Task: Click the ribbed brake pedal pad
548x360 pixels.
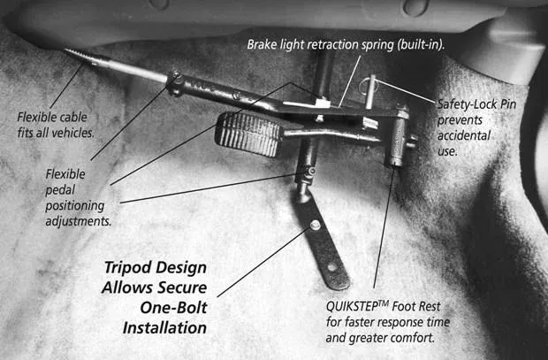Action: click(249, 134)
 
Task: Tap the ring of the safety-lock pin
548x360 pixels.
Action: click(364, 85)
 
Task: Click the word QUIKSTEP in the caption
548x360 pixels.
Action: click(353, 307)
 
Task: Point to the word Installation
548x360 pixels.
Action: click(164, 328)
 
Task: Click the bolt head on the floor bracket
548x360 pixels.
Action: click(315, 225)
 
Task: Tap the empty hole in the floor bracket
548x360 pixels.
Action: click(331, 268)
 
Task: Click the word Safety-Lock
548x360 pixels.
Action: click(476, 104)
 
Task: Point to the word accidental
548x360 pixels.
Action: click(464, 135)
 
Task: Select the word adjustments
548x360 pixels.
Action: click(79, 221)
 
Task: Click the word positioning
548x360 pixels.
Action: click(75, 206)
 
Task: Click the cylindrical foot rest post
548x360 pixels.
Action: click(397, 138)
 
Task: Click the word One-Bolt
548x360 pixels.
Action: click(174, 308)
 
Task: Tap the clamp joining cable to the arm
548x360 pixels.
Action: click(175, 84)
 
